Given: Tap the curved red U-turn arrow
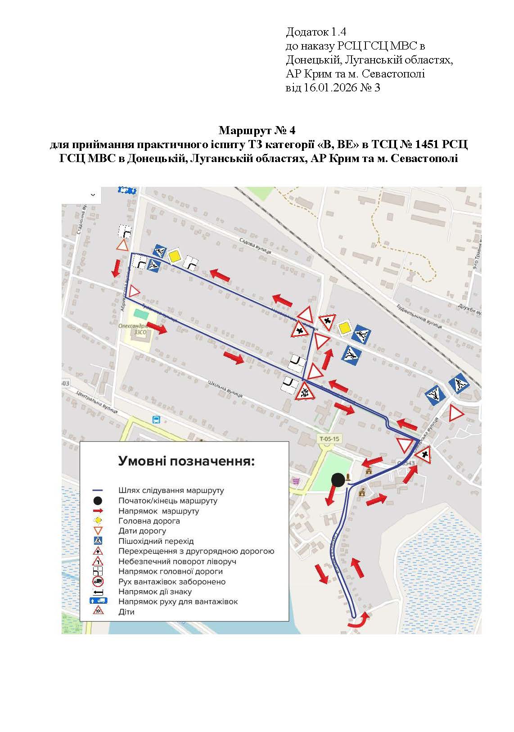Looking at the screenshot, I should pyautogui.click(x=358, y=621).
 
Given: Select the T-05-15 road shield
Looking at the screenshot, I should pyautogui.click(x=329, y=438).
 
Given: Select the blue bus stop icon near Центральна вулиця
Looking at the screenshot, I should pyautogui.click(x=156, y=420).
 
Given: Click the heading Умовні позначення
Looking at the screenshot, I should pyautogui.click(x=186, y=461).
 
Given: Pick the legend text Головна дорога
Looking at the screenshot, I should pyautogui.click(x=149, y=521).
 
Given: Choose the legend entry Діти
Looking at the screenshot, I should pyautogui.click(x=126, y=612).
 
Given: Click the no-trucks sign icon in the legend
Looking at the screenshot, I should pyautogui.click(x=98, y=581).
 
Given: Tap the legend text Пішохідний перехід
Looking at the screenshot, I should pyautogui.click(x=156, y=541).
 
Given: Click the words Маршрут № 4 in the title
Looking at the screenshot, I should pyautogui.click(x=257, y=131).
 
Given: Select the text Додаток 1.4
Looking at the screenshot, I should pyautogui.click(x=316, y=32).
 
